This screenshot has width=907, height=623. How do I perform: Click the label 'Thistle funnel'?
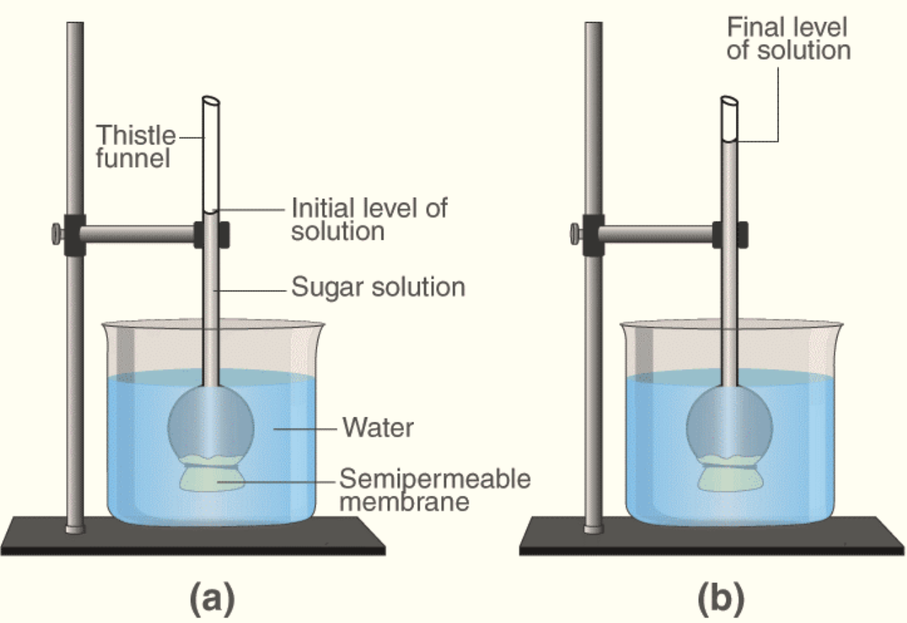pos(136,145)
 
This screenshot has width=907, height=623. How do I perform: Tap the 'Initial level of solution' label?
pos(369,219)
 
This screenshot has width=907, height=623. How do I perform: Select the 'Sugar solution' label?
pos(378,287)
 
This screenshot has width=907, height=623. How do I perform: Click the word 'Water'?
pos(378,428)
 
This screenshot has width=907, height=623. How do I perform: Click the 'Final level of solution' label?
pos(788,39)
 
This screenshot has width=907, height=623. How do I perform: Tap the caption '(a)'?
pos(211,600)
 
